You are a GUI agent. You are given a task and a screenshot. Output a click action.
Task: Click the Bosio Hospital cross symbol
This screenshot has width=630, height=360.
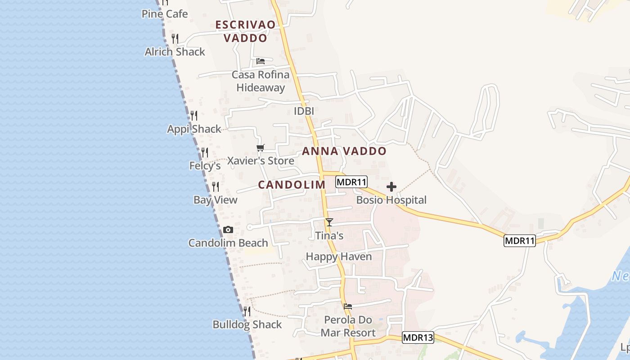391,187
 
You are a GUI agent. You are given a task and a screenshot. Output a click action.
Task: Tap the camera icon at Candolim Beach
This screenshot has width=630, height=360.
228,230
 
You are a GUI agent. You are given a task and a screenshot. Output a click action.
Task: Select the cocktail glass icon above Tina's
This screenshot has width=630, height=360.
329,222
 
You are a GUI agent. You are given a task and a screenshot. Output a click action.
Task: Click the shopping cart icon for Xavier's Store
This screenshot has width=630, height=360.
260,148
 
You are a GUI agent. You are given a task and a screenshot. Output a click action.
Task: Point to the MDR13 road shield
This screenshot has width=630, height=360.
418,337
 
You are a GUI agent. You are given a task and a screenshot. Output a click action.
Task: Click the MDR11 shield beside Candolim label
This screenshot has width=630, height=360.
351,182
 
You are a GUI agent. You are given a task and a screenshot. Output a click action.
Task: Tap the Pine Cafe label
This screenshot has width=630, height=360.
165,14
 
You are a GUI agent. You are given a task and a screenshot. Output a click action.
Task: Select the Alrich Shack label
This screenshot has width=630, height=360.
175,52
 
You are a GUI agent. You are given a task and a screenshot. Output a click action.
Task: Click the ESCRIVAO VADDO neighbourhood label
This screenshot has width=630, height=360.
245,31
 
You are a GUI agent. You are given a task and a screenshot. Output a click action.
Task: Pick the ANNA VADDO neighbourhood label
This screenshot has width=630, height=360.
344,151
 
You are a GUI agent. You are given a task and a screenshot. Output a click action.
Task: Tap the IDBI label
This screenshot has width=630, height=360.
304,111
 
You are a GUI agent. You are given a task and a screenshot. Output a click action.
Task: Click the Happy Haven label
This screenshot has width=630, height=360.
339,256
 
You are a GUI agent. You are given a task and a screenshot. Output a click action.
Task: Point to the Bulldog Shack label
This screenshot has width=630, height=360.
247,324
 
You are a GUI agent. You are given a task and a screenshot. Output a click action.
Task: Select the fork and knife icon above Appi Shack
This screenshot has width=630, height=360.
194,116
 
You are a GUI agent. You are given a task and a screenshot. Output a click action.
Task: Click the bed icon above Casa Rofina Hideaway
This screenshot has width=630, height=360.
260,61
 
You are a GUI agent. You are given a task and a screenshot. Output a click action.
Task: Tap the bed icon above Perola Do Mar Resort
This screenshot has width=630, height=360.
348,306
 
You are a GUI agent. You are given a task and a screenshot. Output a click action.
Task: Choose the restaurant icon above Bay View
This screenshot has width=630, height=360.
216,186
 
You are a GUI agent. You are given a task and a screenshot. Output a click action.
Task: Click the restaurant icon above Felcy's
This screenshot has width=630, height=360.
205,153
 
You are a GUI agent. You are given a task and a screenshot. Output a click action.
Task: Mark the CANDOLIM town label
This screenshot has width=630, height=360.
292,184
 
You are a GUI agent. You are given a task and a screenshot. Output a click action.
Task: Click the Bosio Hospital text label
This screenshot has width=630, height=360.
391,200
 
